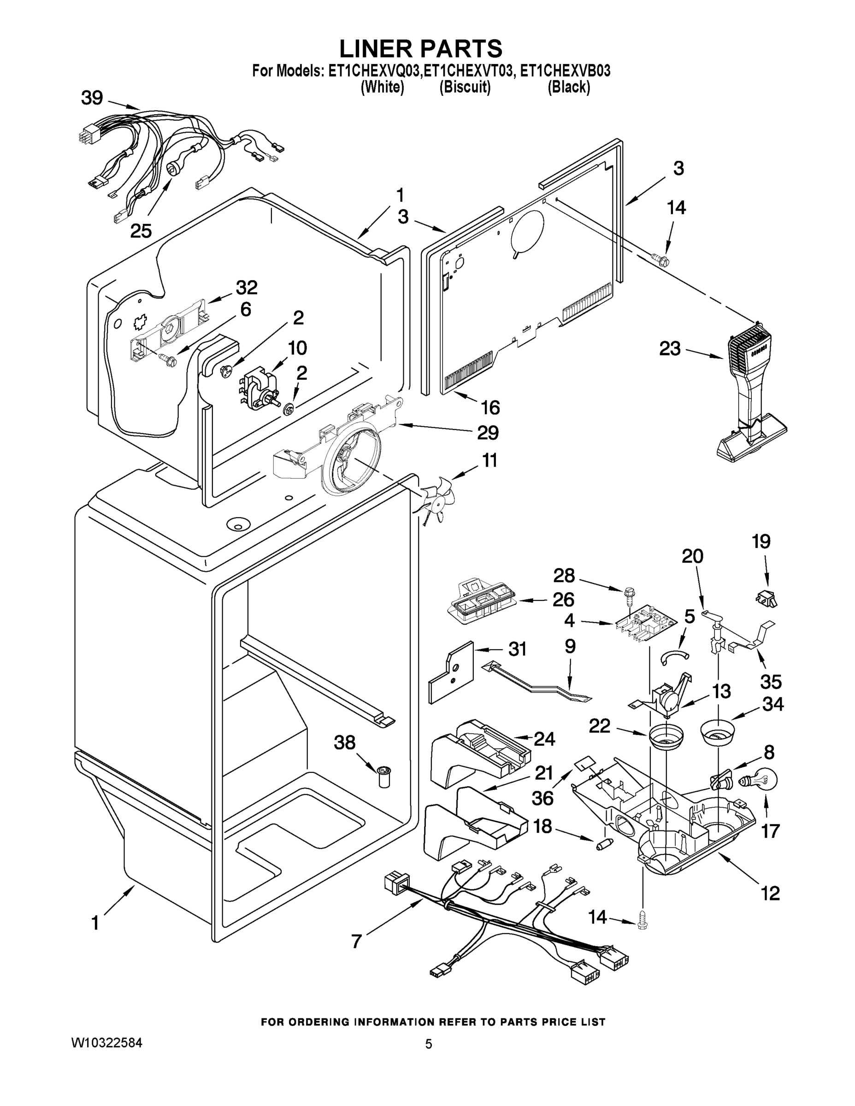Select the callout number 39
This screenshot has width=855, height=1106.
click(x=92, y=98)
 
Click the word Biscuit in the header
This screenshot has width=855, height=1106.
click(x=465, y=87)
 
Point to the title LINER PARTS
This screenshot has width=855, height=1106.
click(x=420, y=48)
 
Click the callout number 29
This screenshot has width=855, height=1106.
click(x=488, y=432)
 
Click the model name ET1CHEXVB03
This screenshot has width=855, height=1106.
click(x=565, y=71)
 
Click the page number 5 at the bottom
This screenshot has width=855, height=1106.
click(x=429, y=1044)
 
